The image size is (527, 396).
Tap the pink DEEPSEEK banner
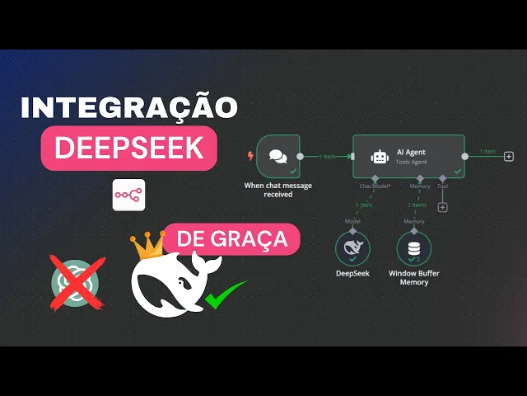coord(129,148)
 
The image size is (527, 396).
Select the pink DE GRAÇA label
coord(231,240)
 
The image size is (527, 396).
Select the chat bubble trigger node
coord(277,156)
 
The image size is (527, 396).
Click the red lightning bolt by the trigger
coord(250,155)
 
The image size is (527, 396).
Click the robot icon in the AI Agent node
coord(380,156)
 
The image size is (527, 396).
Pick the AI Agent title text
coord(411,152)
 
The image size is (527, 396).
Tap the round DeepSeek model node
coord(352,247)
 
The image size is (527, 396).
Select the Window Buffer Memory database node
coord(414,247)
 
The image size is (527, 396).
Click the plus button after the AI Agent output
coord(509,156)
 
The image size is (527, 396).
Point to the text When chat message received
coord(277,189)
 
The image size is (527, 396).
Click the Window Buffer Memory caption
coord(414,276)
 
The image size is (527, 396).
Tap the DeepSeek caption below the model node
coord(352,272)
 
